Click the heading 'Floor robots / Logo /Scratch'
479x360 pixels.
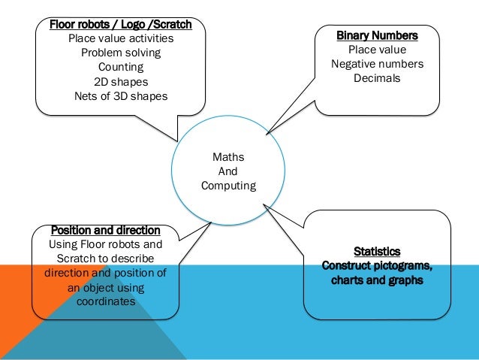121,25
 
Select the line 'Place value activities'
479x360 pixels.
121,39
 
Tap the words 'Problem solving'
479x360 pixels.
121,53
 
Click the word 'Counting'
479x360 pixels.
121,68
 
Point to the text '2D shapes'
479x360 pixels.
121,82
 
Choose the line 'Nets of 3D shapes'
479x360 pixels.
121,96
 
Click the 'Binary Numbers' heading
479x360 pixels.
377,35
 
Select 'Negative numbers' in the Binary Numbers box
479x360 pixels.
377,64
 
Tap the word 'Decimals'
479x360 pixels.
377,78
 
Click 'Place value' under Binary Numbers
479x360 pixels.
377,50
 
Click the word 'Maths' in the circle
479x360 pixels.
228,157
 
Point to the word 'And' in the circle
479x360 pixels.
228,171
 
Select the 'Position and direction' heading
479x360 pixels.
105,230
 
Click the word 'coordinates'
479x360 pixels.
105,301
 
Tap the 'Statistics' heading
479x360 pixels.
377,251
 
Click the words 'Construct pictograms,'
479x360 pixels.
377,266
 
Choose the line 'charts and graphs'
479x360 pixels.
377,280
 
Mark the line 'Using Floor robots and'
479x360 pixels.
105,244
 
